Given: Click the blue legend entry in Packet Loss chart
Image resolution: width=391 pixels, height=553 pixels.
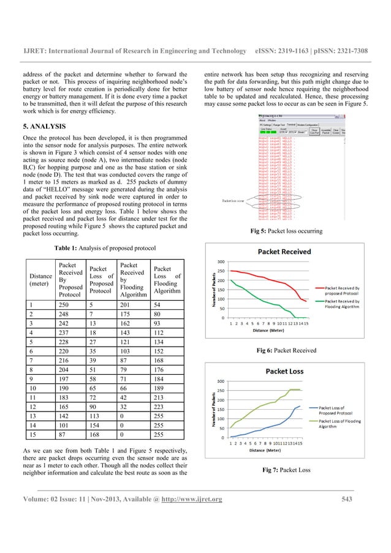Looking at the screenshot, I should click(x=346, y=407).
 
